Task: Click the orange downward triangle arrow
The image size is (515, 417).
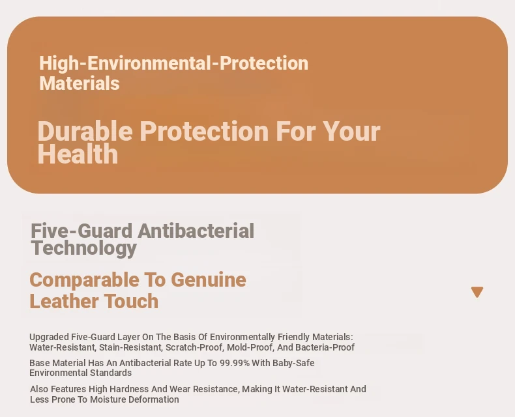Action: pos(477,292)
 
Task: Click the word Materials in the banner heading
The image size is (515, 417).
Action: pos(79,83)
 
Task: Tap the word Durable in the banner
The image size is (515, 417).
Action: pos(85,131)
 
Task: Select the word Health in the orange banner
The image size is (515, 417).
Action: pos(78,154)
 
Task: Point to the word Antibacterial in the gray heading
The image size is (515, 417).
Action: pos(196,231)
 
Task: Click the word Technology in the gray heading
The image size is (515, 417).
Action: pos(83,248)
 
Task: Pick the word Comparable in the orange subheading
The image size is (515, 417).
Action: pos(84,281)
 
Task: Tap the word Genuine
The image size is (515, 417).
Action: pos(209,280)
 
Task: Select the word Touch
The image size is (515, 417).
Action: pos(132,301)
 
